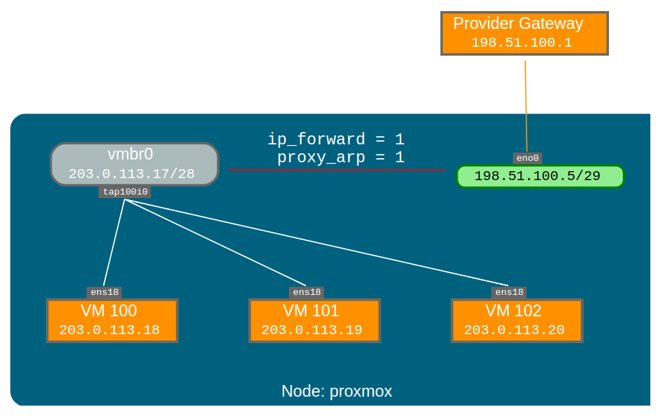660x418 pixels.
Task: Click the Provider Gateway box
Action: (524, 32)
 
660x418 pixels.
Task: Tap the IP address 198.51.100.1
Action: (522, 43)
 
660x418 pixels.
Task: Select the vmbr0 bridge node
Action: (134, 164)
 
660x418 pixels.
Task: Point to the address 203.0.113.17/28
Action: (131, 174)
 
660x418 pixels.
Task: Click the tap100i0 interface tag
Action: (125, 192)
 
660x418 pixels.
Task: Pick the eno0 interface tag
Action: (528, 158)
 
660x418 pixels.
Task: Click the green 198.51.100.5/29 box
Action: (540, 176)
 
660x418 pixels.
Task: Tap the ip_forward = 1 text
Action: (335, 140)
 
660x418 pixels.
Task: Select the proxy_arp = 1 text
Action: (340, 157)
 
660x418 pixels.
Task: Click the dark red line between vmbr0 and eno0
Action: (337, 169)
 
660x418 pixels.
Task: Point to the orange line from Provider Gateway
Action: (526, 103)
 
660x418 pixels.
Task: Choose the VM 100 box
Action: (112, 320)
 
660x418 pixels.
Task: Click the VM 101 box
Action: (315, 320)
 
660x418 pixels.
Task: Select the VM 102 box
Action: (517, 320)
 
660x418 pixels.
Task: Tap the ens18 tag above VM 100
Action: (105, 292)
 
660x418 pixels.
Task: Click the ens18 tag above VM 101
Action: (306, 292)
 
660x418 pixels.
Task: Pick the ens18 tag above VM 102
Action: (509, 292)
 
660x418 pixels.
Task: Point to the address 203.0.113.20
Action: (514, 330)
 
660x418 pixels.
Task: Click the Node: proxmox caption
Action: (337, 391)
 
